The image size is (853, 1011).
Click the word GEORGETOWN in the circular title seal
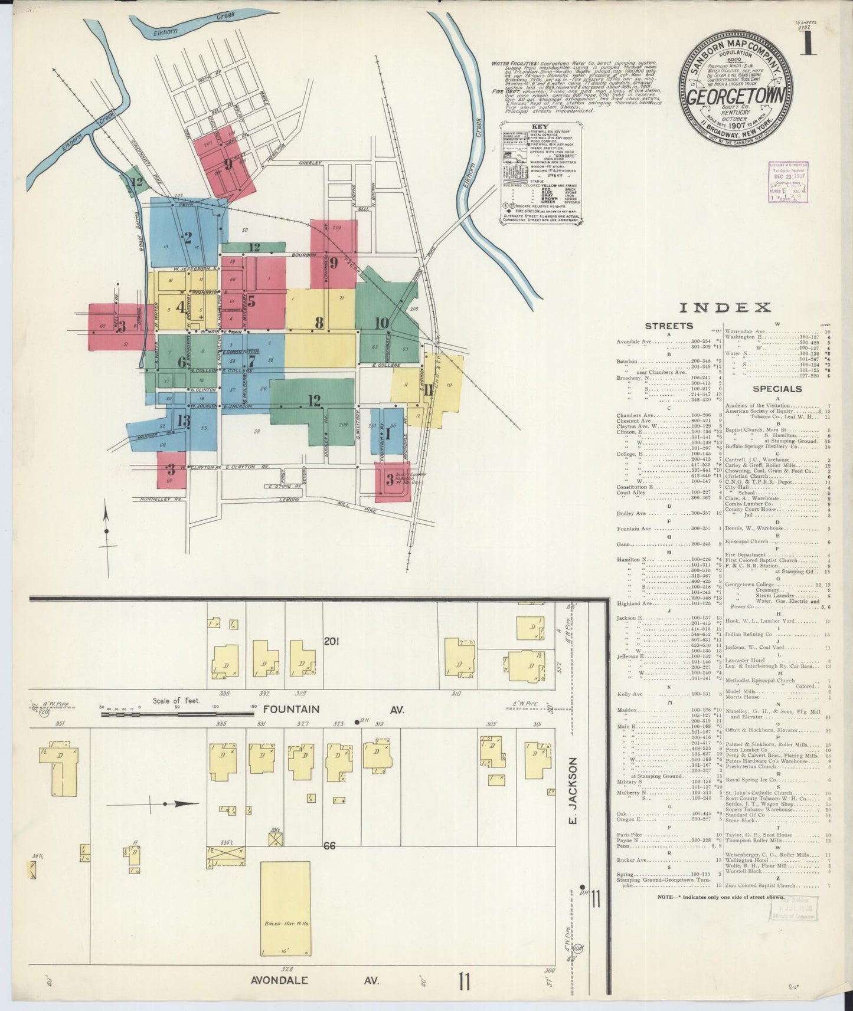[736, 96]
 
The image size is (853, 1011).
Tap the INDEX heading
[725, 307]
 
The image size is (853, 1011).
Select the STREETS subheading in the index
[668, 326]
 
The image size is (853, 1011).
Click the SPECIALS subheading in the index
[777, 389]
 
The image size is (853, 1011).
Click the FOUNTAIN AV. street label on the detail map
[334, 710]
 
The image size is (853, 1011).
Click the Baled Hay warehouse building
[286, 908]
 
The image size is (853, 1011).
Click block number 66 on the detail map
[330, 846]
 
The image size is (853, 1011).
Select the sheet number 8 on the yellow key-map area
[319, 323]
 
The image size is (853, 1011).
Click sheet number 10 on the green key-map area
[381, 323]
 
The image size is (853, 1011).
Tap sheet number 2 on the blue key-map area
[188, 238]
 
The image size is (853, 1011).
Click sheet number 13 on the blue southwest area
[183, 420]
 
